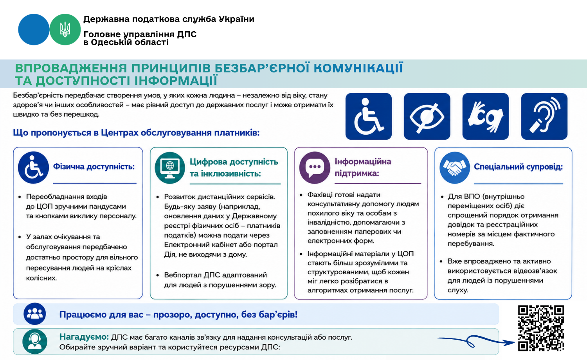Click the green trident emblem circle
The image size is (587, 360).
click(x=65, y=29)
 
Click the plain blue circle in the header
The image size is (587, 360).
click(x=34, y=29)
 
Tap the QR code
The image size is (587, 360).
click(x=541, y=328)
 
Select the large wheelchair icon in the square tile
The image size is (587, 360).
click(x=369, y=116)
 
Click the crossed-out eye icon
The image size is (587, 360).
click(x=427, y=116)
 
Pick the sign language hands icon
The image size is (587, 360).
click(x=486, y=116)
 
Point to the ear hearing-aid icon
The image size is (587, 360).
click(x=544, y=116)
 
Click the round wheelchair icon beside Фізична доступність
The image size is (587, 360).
click(x=33, y=167)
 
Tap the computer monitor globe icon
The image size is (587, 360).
click(x=170, y=168)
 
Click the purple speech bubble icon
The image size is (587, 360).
click(x=315, y=167)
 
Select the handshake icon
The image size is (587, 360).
click(x=455, y=167)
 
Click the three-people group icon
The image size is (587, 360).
click(x=34, y=313)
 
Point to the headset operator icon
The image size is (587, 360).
click(x=34, y=342)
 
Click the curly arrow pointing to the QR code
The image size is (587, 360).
click(x=475, y=341)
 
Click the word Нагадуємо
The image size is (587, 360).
click(x=84, y=337)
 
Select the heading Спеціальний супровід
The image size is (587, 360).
click(x=519, y=167)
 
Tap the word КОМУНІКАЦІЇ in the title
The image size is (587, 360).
click(x=358, y=68)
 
